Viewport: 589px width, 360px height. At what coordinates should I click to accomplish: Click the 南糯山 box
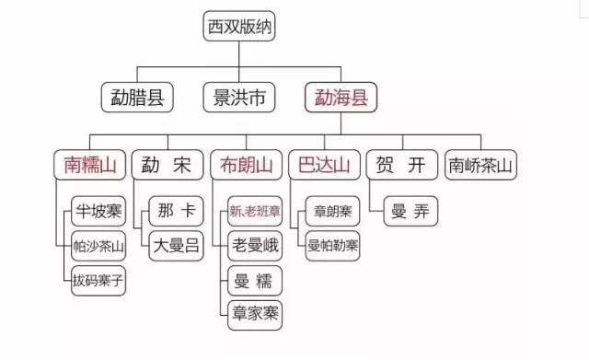[89, 166]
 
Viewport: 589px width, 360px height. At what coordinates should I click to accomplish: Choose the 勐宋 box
[167, 166]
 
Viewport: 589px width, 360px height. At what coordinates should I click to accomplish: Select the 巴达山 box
[321, 166]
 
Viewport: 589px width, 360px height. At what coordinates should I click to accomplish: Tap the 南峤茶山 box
[481, 166]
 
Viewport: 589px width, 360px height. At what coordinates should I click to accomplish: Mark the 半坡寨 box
[98, 211]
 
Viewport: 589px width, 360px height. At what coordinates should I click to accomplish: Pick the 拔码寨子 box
[98, 279]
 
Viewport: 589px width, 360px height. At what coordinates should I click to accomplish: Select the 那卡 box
[175, 211]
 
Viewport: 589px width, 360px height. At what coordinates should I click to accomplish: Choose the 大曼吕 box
[175, 245]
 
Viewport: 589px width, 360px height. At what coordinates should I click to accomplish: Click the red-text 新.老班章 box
[254, 211]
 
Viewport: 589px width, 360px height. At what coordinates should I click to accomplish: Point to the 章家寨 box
[254, 313]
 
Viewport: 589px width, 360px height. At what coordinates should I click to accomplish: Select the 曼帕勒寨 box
[332, 245]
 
